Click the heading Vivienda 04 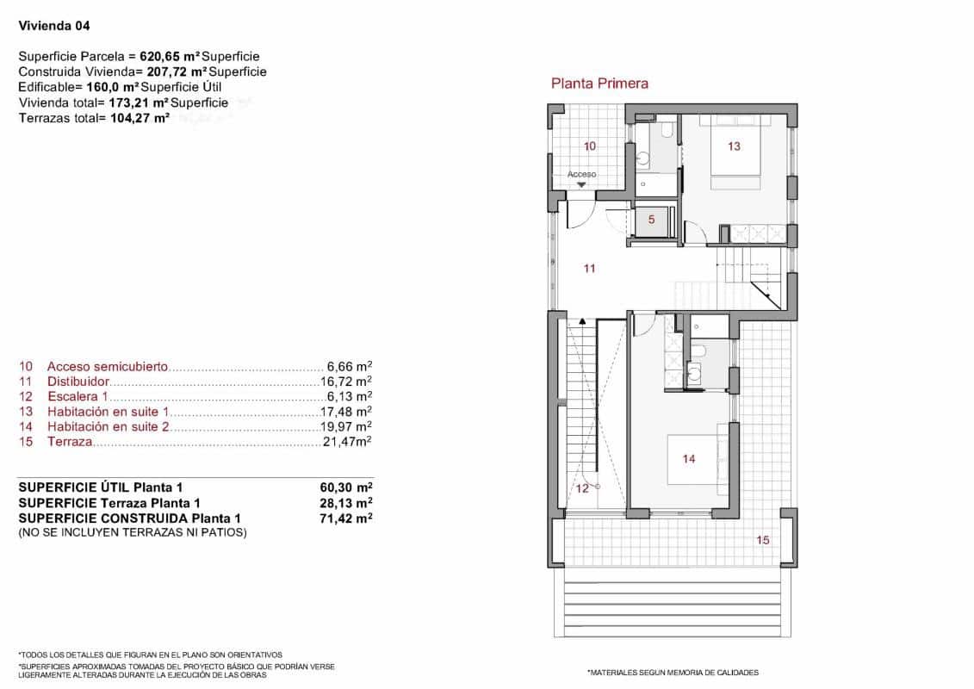pyautogui.click(x=54, y=26)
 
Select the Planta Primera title pyautogui.click(x=599, y=84)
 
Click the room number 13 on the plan pyautogui.click(x=734, y=146)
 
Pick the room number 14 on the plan pyautogui.click(x=689, y=459)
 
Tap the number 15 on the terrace pyautogui.click(x=763, y=540)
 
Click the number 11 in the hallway pyautogui.click(x=589, y=269)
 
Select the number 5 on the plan pyautogui.click(x=651, y=220)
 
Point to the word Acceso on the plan pyautogui.click(x=582, y=174)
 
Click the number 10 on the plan pyautogui.click(x=590, y=146)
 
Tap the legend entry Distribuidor pyautogui.click(x=78, y=381)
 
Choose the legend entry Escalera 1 pyautogui.click(x=78, y=396)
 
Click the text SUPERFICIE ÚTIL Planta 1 pyautogui.click(x=100, y=487)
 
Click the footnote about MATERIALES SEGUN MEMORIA pyautogui.click(x=673, y=673)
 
